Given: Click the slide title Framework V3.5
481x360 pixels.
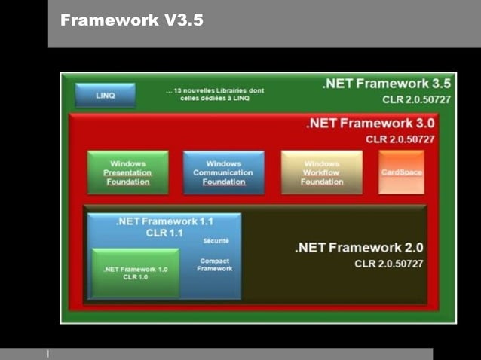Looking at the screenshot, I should click(132, 21).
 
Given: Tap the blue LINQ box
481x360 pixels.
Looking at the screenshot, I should click(106, 96).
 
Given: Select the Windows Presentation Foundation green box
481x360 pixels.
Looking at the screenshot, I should click(127, 172).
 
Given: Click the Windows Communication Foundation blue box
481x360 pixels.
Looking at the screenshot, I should click(223, 172).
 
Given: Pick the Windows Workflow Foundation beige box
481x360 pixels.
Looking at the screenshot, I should click(322, 172).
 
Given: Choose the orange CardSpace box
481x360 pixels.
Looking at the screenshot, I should click(401, 172).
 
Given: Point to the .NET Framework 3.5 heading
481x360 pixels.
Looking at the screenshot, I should click(386, 84).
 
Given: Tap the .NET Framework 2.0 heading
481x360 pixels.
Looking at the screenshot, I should click(359, 247).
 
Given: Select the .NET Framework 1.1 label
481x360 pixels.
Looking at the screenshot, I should click(164, 222).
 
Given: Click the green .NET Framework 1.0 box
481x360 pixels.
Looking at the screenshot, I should click(136, 273).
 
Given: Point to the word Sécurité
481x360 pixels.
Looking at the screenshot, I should click(216, 241).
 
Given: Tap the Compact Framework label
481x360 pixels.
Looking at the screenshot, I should click(215, 264).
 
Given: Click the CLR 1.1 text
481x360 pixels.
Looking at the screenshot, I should click(164, 233).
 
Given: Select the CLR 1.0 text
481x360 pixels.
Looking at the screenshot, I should click(136, 277).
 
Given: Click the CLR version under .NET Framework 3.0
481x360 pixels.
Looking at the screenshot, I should click(400, 139).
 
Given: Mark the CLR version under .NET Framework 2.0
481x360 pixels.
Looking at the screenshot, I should click(389, 264).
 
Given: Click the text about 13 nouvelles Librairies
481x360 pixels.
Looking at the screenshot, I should click(215, 94).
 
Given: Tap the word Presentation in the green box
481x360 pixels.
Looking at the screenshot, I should click(127, 172).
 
